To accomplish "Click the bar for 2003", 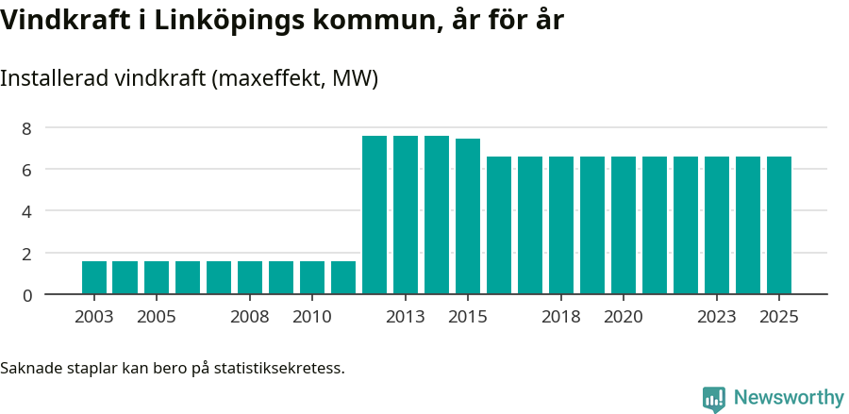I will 94,277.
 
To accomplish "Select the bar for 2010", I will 312,277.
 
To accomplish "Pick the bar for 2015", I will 468,217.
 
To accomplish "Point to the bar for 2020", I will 624,225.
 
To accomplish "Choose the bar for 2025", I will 779,225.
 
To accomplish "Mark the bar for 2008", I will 250,277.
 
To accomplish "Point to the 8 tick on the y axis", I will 27,128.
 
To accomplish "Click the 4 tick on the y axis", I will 27,211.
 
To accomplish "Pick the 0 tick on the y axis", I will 27,295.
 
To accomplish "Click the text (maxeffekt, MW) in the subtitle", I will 295,78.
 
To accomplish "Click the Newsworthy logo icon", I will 714,399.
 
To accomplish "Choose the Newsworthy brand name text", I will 789,398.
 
